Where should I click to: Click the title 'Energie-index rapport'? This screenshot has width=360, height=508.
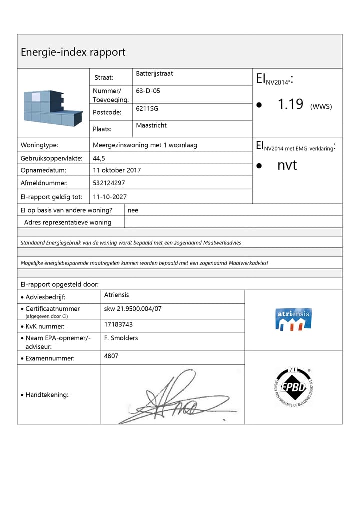(x=73, y=52)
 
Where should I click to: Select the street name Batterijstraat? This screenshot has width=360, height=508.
(x=154, y=74)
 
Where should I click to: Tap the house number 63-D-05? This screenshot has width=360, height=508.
(x=148, y=91)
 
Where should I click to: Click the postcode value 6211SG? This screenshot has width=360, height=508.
(x=147, y=108)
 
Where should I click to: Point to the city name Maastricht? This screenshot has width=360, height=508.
(x=151, y=125)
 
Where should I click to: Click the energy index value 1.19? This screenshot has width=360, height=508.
(x=290, y=104)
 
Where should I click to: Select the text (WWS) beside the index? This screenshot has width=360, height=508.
(x=321, y=106)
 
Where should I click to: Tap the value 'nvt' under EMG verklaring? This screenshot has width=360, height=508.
(x=287, y=165)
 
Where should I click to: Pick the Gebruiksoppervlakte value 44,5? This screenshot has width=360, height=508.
(x=99, y=158)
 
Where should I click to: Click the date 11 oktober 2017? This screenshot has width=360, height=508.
(x=117, y=170)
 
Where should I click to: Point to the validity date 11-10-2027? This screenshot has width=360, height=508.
(x=110, y=197)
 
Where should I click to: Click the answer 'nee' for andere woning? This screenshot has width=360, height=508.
(x=133, y=210)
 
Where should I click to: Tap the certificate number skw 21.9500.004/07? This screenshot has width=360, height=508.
(x=133, y=309)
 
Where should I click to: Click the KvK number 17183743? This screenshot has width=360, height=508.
(x=118, y=324)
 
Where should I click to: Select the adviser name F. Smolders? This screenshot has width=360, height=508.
(x=121, y=338)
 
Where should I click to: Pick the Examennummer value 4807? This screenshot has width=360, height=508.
(x=111, y=356)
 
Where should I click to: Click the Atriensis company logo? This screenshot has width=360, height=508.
(x=293, y=319)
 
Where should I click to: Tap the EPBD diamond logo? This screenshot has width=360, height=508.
(x=293, y=387)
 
